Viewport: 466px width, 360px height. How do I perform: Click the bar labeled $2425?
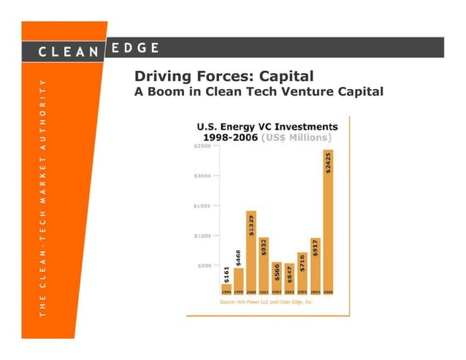[328, 219]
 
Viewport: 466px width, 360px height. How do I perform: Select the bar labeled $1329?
[251, 248]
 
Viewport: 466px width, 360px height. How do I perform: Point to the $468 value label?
[238, 258]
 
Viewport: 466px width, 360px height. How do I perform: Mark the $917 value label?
[315, 248]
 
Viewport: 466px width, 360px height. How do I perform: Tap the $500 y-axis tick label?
[204, 265]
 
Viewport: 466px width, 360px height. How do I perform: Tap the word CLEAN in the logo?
[69, 51]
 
